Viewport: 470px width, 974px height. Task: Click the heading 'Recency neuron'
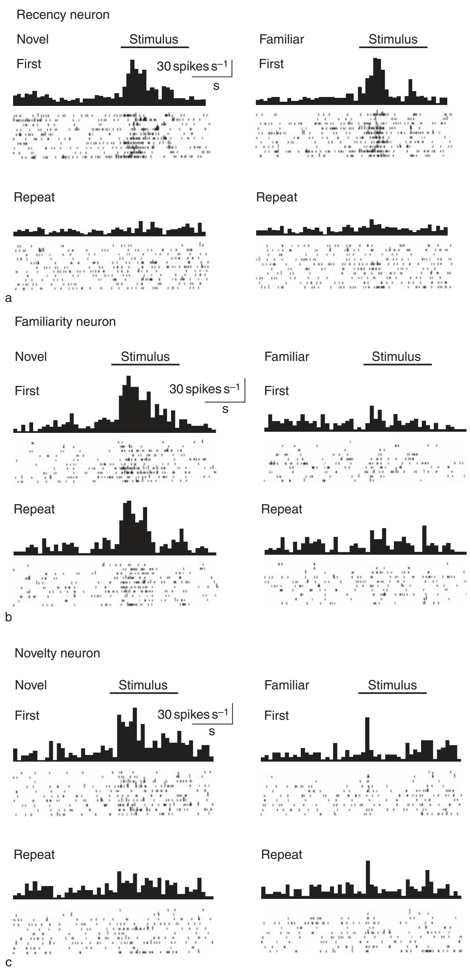pyautogui.click(x=63, y=15)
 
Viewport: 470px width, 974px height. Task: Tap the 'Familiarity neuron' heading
pyautogui.click(x=65, y=322)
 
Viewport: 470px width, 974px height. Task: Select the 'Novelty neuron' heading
pyautogui.click(x=57, y=653)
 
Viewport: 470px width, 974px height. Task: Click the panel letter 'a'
pyautogui.click(x=8, y=298)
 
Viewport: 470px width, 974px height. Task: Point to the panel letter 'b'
pyautogui.click(x=8, y=617)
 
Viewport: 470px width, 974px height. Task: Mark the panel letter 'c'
pyautogui.click(x=8, y=963)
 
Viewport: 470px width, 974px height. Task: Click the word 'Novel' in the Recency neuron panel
pyautogui.click(x=33, y=39)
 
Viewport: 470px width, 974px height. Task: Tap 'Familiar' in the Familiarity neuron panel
pyautogui.click(x=287, y=357)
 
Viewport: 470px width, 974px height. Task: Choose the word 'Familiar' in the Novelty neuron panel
pyautogui.click(x=287, y=685)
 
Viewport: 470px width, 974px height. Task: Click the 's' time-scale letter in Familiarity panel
pyautogui.click(x=225, y=409)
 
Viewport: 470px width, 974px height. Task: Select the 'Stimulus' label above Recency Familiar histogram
pyautogui.click(x=393, y=39)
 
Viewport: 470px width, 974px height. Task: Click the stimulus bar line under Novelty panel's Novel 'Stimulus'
pyautogui.click(x=144, y=693)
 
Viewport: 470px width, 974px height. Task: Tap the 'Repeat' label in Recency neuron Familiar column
pyautogui.click(x=277, y=197)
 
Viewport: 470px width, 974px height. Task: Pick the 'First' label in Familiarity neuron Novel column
pyautogui.click(x=27, y=391)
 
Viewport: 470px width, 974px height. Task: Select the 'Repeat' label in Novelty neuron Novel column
pyautogui.click(x=34, y=855)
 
